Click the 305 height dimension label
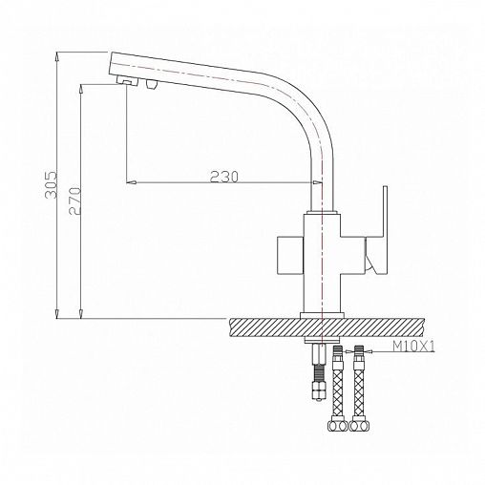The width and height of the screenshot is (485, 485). coord(51,185)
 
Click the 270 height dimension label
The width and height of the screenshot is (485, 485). coord(75,201)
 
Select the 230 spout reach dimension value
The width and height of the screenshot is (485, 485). coord(223,177)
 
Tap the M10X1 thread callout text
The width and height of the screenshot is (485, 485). coord(413,346)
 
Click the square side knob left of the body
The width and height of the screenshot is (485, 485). coord(290,255)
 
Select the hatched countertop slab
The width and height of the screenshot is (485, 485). coord(326,327)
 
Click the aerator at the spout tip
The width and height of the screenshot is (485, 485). coord(128,81)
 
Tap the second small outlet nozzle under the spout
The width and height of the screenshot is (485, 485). coord(152,85)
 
